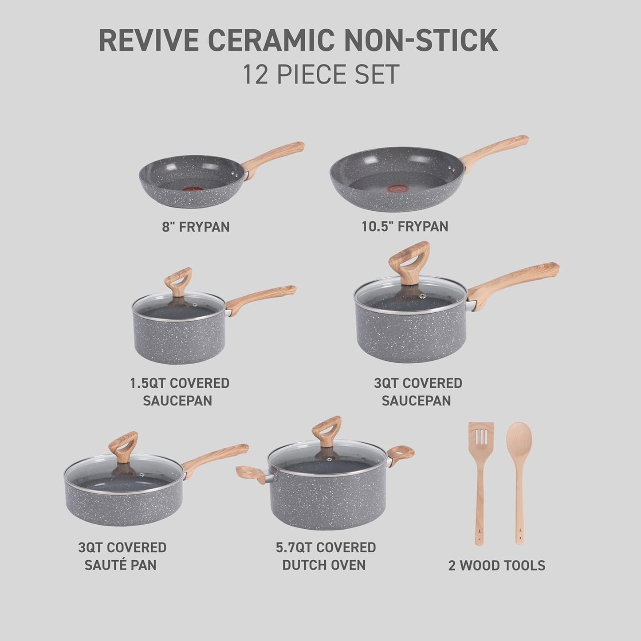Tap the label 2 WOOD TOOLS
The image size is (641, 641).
click(x=496, y=566)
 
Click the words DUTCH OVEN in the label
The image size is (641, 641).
click(x=324, y=566)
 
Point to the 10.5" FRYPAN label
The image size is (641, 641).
click(x=404, y=226)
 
